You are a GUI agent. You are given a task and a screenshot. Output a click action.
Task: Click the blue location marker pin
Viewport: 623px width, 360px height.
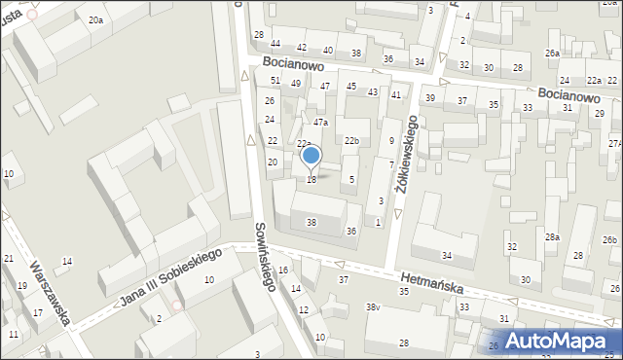311,155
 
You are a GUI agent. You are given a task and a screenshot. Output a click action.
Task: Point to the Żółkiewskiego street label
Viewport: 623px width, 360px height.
406,156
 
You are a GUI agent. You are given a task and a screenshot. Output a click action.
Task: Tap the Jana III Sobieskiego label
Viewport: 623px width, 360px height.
170,276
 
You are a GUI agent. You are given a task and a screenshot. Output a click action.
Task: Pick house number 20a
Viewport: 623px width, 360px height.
94,19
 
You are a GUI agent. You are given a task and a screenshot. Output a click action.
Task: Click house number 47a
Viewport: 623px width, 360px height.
320,123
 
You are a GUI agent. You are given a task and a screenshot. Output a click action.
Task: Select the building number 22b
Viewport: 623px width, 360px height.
351,142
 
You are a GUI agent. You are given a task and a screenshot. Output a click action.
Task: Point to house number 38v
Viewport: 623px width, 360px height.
372,307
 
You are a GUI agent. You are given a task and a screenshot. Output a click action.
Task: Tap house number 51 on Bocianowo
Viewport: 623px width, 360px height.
275,80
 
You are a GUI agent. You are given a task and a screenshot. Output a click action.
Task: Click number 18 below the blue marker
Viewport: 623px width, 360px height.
311,180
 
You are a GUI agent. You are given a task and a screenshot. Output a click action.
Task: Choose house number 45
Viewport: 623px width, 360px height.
351,87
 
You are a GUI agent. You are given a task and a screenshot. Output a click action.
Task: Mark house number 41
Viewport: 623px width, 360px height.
396,94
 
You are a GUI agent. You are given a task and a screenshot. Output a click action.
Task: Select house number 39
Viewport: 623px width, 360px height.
429,98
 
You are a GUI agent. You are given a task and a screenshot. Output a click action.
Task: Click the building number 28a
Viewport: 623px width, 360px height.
552,237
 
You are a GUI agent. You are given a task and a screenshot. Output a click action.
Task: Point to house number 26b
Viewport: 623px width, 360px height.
609,240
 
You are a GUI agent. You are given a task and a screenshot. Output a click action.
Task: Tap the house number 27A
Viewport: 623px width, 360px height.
615,143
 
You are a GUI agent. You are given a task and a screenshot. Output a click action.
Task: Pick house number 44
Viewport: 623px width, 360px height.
275,44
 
